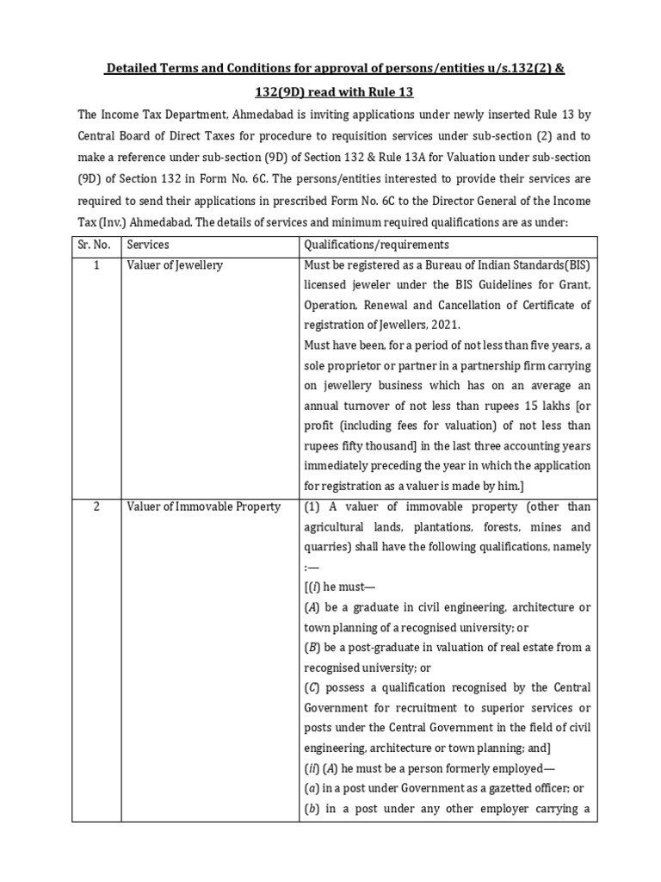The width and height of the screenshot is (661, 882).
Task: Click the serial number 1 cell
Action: pos(97,265)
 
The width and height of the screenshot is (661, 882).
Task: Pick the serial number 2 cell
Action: pos(97,506)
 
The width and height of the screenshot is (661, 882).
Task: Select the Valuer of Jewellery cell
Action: pos(175,265)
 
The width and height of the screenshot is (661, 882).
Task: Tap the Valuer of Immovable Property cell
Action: pos(203,506)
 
